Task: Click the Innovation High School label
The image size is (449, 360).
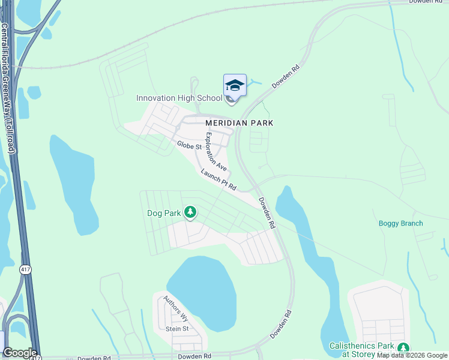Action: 180,98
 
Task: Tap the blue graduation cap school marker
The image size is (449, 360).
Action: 235,86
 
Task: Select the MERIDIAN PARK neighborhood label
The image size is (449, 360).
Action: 239,122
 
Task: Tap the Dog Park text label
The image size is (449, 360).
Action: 164,213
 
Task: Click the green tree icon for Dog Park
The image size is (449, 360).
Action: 190,212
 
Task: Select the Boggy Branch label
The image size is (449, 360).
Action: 400,223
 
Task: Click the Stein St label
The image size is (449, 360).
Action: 177,329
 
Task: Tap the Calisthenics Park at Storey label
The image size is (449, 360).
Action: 361,346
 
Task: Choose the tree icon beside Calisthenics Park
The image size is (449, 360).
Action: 403,347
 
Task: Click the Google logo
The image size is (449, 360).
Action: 20,353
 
